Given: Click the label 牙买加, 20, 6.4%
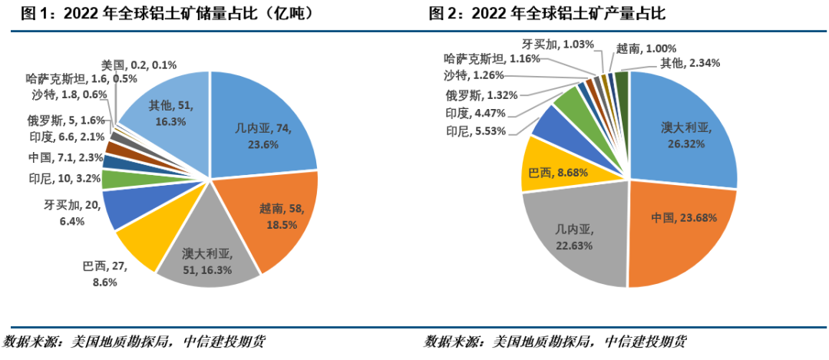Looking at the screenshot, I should pyautogui.click(x=69, y=213).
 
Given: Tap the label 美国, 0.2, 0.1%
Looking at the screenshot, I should pyautogui.click(x=138, y=64).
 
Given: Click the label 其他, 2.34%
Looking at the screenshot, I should pyautogui.click(x=690, y=63).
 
